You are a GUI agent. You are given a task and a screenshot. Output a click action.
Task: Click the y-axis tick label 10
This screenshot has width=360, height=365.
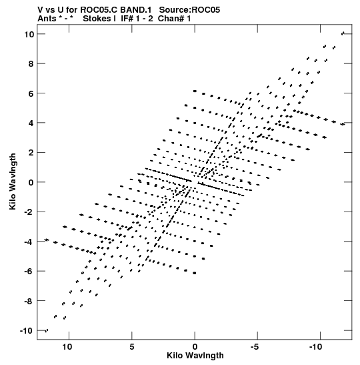29,34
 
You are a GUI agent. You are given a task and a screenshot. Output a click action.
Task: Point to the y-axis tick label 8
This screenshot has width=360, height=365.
31,64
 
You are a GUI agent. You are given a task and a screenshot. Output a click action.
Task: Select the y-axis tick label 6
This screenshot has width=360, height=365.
31,93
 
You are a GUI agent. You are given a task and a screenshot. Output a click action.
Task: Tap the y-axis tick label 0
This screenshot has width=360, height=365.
31,182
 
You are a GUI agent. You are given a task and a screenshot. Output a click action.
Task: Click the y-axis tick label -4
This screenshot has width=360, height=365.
29,242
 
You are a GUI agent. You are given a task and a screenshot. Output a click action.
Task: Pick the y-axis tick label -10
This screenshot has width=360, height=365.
27,330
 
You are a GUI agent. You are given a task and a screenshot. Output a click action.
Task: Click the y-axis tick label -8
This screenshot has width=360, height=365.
29,301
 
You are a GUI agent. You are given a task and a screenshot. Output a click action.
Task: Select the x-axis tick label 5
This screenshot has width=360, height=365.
132,347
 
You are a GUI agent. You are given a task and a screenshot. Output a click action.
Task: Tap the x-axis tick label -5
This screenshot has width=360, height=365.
255,347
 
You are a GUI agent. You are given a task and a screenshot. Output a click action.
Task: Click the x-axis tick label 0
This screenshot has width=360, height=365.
195,347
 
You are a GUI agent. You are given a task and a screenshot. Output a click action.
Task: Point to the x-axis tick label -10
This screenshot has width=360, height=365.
316,347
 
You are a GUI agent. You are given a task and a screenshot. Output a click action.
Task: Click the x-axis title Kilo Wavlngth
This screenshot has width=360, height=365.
195,356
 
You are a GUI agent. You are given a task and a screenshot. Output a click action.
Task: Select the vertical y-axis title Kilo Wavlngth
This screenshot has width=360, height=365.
13,181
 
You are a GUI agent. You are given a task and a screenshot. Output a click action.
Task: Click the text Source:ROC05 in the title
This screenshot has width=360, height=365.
189,10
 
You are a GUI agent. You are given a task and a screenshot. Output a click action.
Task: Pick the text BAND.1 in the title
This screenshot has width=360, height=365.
136,10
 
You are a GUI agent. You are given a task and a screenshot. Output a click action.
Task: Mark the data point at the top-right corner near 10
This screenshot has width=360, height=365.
343,33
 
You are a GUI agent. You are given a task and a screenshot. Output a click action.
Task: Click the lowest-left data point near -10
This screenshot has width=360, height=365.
47,330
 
